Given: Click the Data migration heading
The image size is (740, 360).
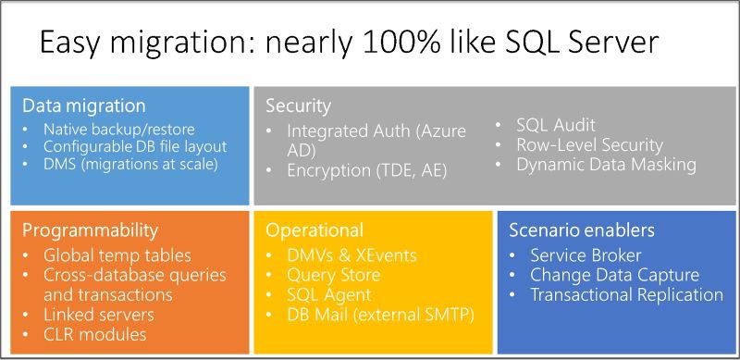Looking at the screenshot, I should click(x=83, y=106).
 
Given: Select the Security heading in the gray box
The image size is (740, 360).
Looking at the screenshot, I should click(x=298, y=106).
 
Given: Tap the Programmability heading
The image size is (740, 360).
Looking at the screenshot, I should click(x=90, y=230).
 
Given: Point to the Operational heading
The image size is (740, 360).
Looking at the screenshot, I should click(x=314, y=230).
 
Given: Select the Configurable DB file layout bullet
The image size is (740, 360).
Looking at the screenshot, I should click(x=135, y=146).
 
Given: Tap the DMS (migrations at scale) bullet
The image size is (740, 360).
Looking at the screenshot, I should click(x=129, y=164).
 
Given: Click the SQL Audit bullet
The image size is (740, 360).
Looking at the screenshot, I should click(x=555, y=125).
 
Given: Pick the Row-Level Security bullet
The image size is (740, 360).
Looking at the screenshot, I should click(x=589, y=144).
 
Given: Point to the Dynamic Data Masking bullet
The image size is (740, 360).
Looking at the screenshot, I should click(x=606, y=165).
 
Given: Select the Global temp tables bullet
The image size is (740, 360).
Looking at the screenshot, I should click(x=117, y=254).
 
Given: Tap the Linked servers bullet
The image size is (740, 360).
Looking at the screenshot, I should click(x=99, y=315).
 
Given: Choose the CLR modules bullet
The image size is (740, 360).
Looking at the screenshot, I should click(x=94, y=334).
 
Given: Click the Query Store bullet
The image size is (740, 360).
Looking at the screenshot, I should click(x=333, y=275).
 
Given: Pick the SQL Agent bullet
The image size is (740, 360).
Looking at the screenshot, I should click(x=328, y=295).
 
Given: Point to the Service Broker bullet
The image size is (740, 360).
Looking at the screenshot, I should click(x=586, y=254).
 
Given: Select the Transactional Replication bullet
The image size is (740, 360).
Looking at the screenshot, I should click(x=626, y=295).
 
